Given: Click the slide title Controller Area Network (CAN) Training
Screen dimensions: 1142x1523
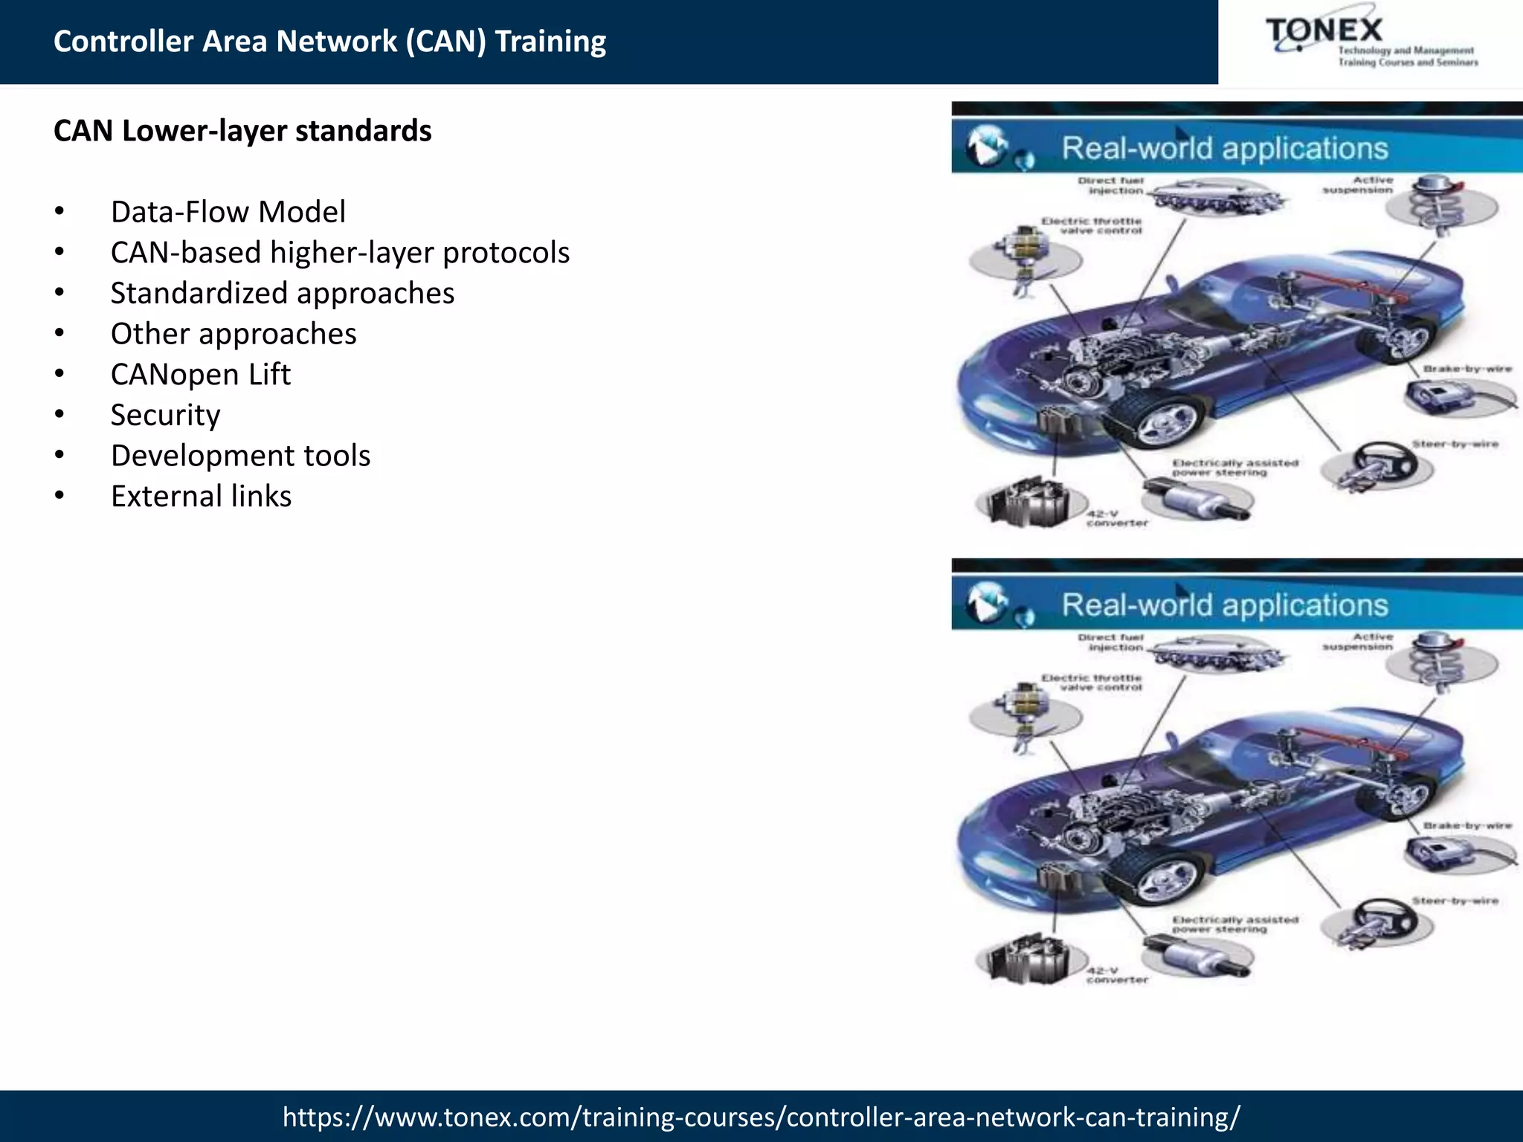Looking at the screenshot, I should [x=329, y=42].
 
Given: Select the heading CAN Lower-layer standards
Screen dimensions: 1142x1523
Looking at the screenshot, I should [x=242, y=131].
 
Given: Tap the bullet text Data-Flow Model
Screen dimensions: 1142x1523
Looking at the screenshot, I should [x=228, y=212].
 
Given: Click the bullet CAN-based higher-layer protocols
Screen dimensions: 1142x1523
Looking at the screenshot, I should [x=340, y=253].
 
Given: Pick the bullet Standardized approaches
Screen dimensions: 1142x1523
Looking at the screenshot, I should [x=282, y=293].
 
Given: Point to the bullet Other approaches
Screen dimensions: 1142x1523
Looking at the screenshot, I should [x=234, y=334].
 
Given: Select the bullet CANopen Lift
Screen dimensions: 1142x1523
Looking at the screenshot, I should [x=200, y=374].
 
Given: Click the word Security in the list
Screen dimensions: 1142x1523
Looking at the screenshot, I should [x=165, y=415].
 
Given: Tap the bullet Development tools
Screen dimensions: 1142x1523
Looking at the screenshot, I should [x=240, y=456].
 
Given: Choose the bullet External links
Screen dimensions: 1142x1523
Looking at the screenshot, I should [x=201, y=496].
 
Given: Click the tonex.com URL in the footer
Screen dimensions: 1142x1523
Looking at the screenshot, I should [x=761, y=1117].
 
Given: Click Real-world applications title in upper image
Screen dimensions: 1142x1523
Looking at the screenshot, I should [x=1224, y=148].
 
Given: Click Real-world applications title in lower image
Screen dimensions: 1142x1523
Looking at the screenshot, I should [x=1224, y=605].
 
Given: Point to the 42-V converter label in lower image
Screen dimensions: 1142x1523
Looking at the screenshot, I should [x=1115, y=975].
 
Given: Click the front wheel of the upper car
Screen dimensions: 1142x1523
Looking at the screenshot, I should [x=1162, y=422].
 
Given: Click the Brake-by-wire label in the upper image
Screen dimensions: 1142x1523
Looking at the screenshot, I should [x=1467, y=369].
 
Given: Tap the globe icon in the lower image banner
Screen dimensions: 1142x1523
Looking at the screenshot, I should [x=987, y=602].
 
